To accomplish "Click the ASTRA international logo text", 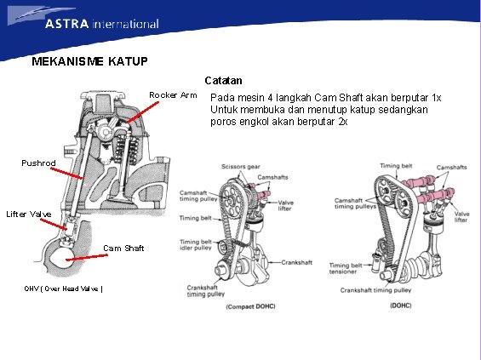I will point(101,24).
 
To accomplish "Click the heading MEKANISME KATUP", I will point(89,62).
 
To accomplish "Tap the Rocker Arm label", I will point(173,94).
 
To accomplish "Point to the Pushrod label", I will point(39,162).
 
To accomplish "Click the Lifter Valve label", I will point(28,214).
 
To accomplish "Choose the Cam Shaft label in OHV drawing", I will point(124,249).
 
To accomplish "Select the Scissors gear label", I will point(242,166).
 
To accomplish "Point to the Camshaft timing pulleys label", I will point(355,203).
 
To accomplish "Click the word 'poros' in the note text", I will point(224,122).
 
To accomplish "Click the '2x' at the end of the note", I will point(342,122).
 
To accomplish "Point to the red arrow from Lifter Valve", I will point(53,223).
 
